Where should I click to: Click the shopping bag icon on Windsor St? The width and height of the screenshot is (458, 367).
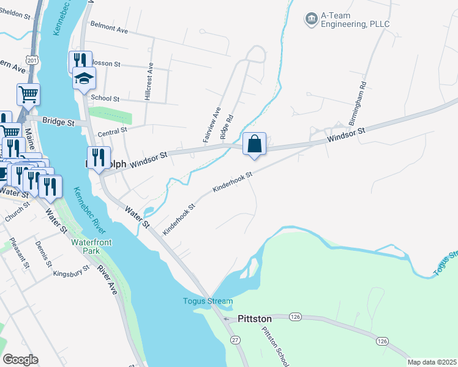[x=255, y=144]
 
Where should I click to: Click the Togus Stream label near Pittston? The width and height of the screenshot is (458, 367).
[x=208, y=301]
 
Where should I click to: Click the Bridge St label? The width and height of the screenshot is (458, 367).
[x=58, y=122]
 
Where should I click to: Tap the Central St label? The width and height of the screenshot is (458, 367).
[x=111, y=130]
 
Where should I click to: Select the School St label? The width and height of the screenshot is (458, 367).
[x=104, y=98]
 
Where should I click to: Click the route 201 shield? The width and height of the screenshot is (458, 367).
[x=32, y=59]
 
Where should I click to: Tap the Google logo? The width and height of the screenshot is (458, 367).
[x=20, y=360]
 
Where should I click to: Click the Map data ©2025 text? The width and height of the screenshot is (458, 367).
[x=432, y=362]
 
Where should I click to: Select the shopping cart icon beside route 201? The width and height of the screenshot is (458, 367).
[x=28, y=95]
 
